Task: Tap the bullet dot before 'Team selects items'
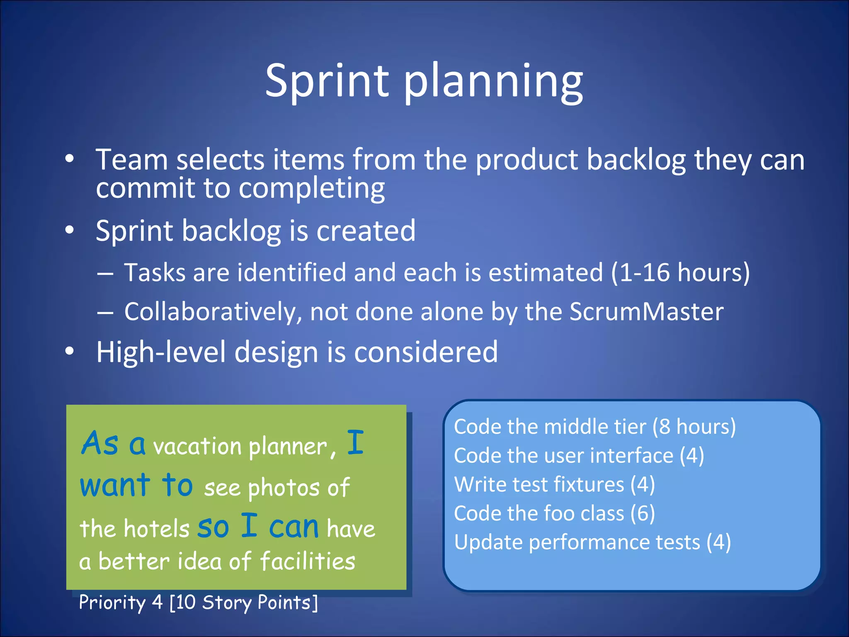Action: click(69, 158)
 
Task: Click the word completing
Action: click(311, 189)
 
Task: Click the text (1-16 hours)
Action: click(680, 272)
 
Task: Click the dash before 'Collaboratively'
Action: click(105, 312)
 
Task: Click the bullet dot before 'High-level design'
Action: click(69, 351)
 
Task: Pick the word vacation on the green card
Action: click(197, 447)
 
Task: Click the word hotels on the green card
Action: click(156, 529)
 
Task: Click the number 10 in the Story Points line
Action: click(185, 602)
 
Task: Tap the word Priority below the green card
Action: click(112, 602)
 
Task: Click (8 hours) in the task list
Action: click(694, 427)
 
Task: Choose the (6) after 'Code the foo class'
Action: click(643, 513)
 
